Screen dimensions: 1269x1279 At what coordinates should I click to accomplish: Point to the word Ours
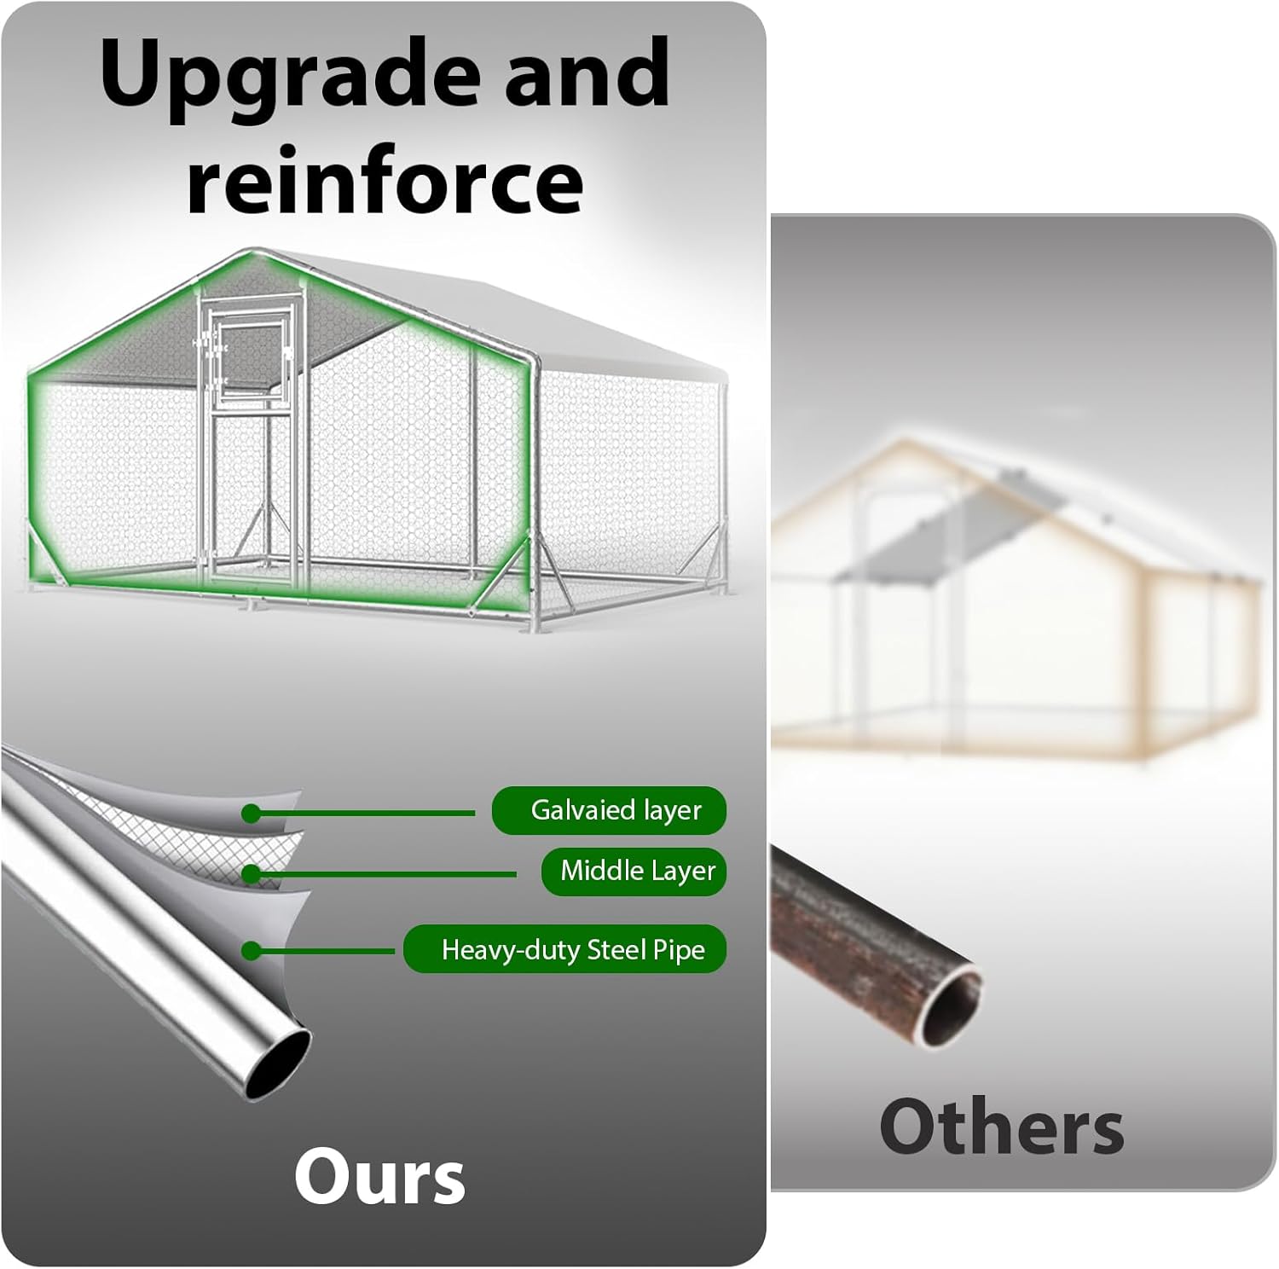pyautogui.click(x=379, y=1177)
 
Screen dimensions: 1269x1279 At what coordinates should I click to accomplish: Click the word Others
pyautogui.click(x=1001, y=1127)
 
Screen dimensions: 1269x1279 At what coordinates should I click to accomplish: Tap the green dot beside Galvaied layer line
pyautogui.click(x=250, y=814)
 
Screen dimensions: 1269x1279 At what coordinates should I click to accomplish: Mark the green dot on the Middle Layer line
pyautogui.click(x=250, y=874)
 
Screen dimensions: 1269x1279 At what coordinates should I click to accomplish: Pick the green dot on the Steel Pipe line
pyautogui.click(x=250, y=950)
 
